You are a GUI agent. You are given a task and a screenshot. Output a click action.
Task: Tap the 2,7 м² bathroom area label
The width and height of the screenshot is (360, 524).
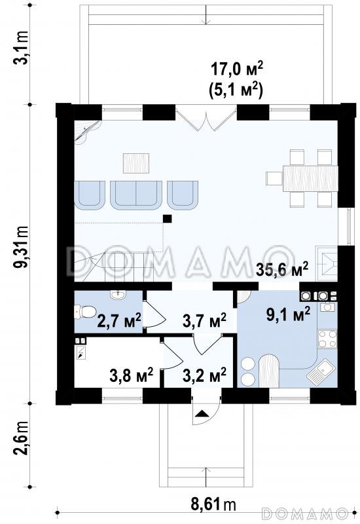tap(119, 320)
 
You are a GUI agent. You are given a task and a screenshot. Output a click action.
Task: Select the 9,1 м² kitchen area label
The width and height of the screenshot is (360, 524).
tap(289, 314)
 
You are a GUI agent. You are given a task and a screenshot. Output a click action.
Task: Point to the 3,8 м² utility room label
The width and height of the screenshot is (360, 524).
tap(132, 375)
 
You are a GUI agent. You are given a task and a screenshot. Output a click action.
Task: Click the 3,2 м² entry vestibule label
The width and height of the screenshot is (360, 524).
tap(204, 375)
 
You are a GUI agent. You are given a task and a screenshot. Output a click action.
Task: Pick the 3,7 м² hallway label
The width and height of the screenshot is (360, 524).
tap(204, 320)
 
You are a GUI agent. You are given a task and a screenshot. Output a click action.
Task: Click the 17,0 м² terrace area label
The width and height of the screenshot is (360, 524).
tap(237, 69)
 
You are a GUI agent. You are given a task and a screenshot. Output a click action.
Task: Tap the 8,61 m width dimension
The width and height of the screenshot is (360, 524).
tap(213, 504)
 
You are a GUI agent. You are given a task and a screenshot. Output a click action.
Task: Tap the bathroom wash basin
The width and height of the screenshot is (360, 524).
tap(118, 295)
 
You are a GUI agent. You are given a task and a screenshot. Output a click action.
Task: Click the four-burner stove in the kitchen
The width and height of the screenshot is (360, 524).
tap(327, 339)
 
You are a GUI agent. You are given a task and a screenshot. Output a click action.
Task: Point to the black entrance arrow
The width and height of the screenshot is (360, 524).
tap(202, 414)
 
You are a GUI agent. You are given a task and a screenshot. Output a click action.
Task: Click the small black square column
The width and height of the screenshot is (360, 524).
tap(168, 219)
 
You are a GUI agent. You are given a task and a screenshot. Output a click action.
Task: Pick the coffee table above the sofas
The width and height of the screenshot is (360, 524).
tap(136, 163)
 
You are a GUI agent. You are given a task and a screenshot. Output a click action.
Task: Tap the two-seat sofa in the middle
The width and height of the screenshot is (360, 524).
tap(136, 195)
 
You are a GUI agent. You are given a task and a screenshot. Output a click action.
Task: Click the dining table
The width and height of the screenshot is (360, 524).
tap(310, 178)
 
